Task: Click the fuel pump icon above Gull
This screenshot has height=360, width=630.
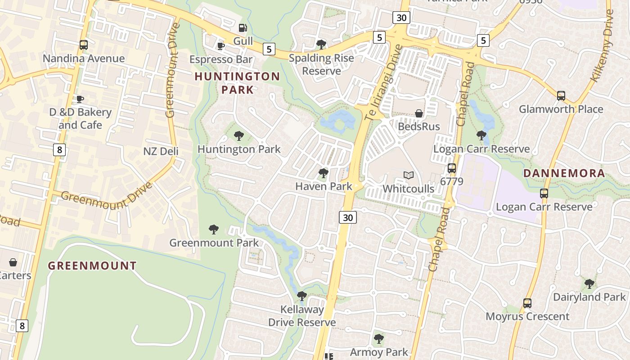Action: coord(243,28)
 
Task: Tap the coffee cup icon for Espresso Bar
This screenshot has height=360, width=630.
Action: coord(221,46)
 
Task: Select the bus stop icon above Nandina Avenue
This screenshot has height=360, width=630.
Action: coord(84,45)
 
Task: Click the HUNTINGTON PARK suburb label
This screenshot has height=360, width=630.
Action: coord(237,82)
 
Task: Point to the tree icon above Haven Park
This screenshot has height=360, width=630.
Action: coord(323,173)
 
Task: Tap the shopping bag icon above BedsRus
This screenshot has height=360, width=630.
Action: coord(419,113)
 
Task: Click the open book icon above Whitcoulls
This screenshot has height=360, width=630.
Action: coord(408,175)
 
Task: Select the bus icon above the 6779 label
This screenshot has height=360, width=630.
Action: coord(452,168)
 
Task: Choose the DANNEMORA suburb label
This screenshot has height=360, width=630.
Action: coord(564,173)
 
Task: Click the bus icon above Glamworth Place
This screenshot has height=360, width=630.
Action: coord(561,95)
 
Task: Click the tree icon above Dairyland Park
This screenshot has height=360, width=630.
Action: coord(589,284)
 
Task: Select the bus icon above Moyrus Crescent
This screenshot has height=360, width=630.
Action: coord(527,303)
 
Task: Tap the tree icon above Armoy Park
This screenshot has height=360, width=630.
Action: coord(379,338)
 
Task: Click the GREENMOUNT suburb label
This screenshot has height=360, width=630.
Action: coord(92,265)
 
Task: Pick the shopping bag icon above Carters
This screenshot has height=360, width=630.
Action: coord(13,262)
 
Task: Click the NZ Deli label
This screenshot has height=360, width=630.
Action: coord(161,151)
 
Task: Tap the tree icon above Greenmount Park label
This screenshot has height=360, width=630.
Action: coord(214,229)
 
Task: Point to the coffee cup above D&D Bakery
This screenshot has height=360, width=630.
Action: coord(80,99)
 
